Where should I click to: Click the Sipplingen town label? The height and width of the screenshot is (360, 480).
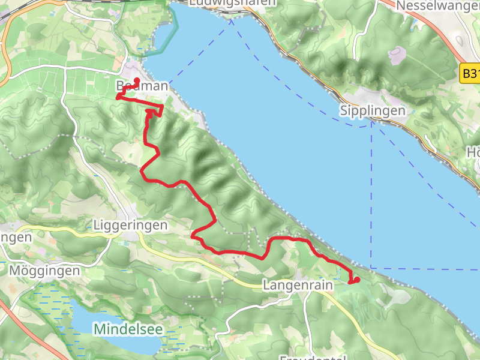click(x=372, y=110)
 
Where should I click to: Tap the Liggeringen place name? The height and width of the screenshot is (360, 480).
click(x=130, y=224)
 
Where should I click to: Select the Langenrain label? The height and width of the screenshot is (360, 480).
click(x=298, y=286)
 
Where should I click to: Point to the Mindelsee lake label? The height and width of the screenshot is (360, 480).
click(x=127, y=329)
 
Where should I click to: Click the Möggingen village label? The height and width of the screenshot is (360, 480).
click(x=44, y=271)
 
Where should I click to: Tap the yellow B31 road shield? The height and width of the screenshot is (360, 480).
click(x=472, y=74)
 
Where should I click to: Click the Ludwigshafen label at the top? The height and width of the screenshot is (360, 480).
click(x=232, y=3)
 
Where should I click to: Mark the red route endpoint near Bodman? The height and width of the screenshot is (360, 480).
click(x=137, y=80)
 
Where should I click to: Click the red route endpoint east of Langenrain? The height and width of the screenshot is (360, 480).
click(x=356, y=279)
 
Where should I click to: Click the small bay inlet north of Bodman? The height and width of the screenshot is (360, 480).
click(x=162, y=36)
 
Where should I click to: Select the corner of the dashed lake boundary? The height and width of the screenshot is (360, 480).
click(x=371, y=268)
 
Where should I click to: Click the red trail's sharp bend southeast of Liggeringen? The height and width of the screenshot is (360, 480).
click(x=193, y=236)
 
